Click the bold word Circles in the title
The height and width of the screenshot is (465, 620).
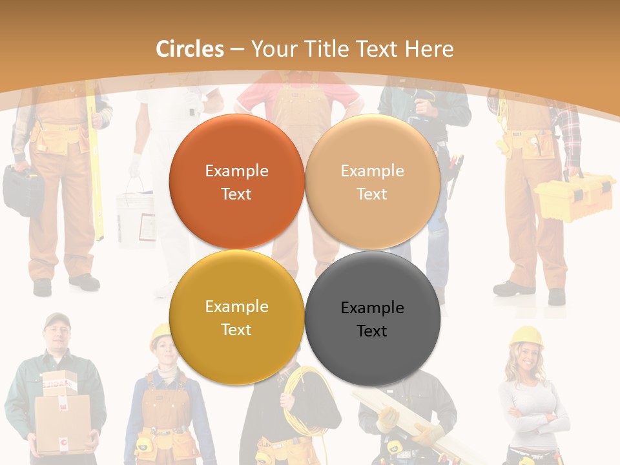[190, 49]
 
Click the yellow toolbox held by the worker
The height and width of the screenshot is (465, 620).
[573, 198]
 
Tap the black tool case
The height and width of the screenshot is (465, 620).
[23, 189]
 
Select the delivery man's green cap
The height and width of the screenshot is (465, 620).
[57, 320]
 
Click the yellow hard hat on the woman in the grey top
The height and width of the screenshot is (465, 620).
[526, 336]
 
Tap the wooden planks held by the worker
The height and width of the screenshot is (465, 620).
[413, 420]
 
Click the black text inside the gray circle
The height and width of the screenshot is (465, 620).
[372, 319]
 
